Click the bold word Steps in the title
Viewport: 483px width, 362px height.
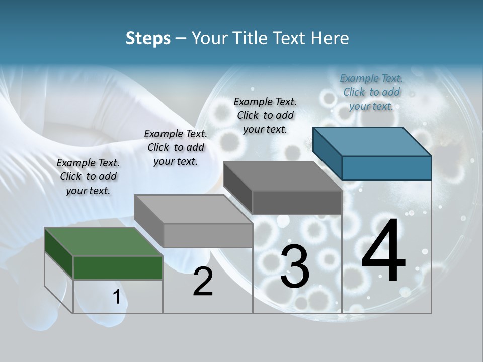148,38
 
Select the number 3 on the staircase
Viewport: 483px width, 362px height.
294,267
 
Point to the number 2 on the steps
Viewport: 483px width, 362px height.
203,282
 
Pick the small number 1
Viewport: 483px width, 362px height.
117,297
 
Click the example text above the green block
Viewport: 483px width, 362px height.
88,176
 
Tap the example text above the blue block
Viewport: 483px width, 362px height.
371,92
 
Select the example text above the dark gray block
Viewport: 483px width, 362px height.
265,115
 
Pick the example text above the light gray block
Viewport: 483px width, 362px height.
176,147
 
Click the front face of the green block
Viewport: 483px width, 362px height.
118,268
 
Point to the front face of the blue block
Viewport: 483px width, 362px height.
386,168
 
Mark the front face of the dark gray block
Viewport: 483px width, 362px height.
297,203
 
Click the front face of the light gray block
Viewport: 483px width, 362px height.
208,235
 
